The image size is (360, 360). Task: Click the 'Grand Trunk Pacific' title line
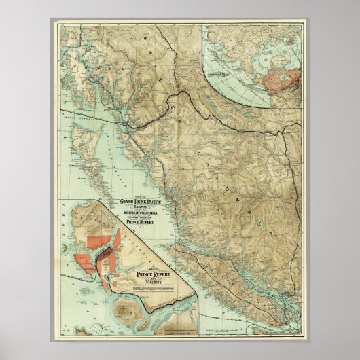(x=147, y=202)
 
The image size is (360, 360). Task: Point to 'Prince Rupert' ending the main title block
(x=147, y=226)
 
